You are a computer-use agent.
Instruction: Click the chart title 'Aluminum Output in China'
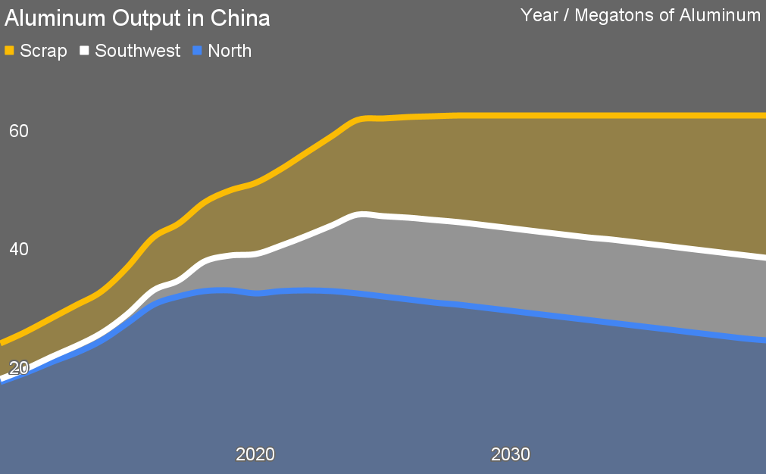137,18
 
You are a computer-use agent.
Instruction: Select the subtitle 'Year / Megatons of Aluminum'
640,15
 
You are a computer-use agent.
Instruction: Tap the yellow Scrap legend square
10,51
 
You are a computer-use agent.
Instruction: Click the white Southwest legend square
85,51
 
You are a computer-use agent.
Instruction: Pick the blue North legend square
198,51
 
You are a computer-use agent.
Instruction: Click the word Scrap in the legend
43,51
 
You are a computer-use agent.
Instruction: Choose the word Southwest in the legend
138,51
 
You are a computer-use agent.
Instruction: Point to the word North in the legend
230,51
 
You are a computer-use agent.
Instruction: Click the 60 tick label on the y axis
18,131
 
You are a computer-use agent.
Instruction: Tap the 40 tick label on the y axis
18,249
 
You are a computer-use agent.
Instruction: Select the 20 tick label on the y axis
18,368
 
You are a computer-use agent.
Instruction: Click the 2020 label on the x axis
255,455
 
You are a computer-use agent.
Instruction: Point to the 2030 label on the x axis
511,455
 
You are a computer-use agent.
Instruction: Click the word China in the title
242,18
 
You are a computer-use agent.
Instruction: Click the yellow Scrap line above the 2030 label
511,115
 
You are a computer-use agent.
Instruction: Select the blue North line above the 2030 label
511,310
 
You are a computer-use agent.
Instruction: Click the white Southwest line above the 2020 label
255,254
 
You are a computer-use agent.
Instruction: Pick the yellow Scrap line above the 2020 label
255,182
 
